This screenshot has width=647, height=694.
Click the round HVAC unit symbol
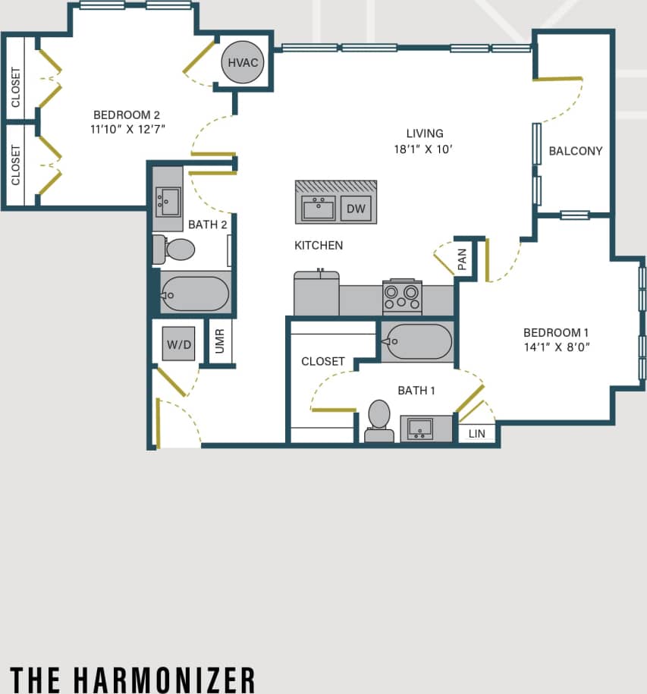243,62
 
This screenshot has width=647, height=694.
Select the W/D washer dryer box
179,345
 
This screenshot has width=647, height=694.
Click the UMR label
220,342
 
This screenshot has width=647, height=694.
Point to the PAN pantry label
462,260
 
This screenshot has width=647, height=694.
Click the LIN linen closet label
476,434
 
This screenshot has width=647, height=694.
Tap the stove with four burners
402,297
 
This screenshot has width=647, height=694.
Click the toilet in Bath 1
378,419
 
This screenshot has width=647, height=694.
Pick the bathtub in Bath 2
194,294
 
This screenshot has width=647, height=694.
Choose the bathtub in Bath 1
416,342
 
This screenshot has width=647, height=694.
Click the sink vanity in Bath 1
420,429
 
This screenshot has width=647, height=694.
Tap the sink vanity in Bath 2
168,199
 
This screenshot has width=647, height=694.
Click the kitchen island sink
319,208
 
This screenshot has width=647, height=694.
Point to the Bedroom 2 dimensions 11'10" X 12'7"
127,129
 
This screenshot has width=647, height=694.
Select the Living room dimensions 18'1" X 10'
424,149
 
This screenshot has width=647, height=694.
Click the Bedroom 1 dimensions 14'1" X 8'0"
556,347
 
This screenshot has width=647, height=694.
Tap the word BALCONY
575,151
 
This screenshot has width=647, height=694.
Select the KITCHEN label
319,245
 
